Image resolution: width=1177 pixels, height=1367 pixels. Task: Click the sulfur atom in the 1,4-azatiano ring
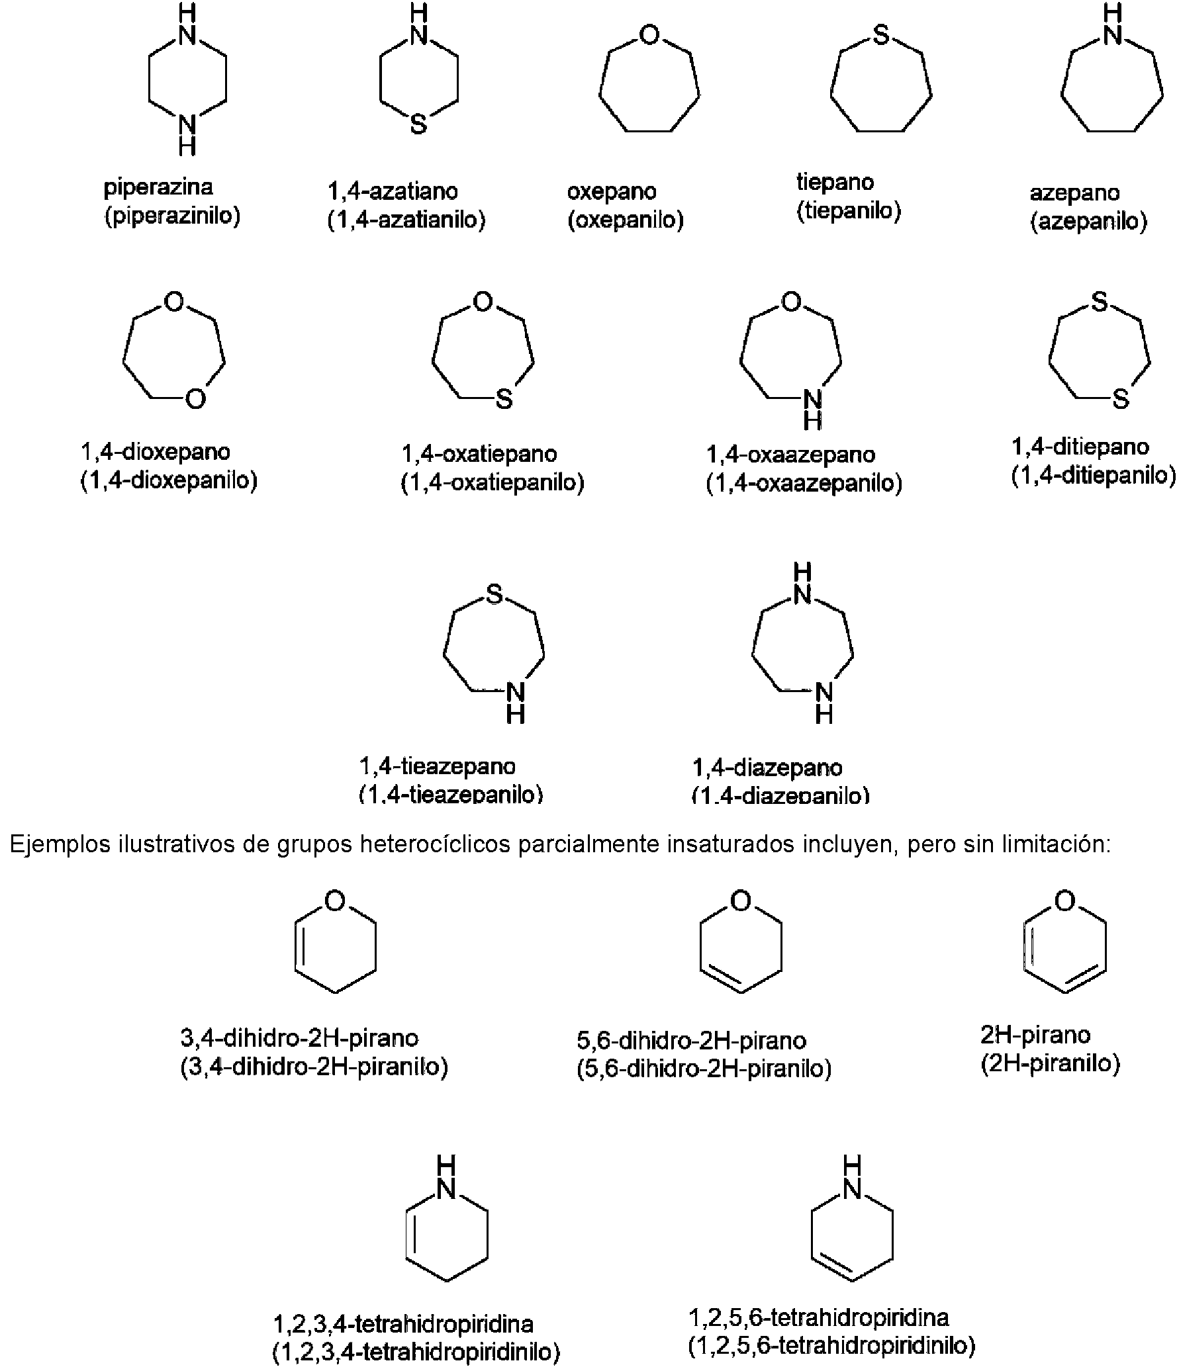coord(418,124)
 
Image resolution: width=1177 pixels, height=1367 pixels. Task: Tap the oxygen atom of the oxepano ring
coord(649,35)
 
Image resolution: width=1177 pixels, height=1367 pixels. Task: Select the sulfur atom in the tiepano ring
coord(880,35)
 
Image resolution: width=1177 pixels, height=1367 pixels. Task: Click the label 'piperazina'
coord(158,187)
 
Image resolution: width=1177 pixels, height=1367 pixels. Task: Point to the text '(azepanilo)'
coord(1088,221)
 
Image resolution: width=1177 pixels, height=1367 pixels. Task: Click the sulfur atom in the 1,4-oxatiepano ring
coord(504,399)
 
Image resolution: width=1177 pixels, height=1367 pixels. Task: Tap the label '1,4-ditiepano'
coord(1080,447)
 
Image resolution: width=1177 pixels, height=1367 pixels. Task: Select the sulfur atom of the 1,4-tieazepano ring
coord(494,595)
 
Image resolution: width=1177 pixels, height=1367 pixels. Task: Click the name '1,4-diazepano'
coord(767,768)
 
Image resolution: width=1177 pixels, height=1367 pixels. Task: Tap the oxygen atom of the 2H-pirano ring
coord(1064,901)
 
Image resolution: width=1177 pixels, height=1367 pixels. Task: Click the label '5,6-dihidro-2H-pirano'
coord(691,1041)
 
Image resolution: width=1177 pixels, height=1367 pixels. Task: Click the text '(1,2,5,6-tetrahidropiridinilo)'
coord(831,1345)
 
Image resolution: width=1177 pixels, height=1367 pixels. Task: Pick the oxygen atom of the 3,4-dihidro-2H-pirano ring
coord(336,901)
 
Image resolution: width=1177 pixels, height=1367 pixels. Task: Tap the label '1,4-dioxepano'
coord(156,453)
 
